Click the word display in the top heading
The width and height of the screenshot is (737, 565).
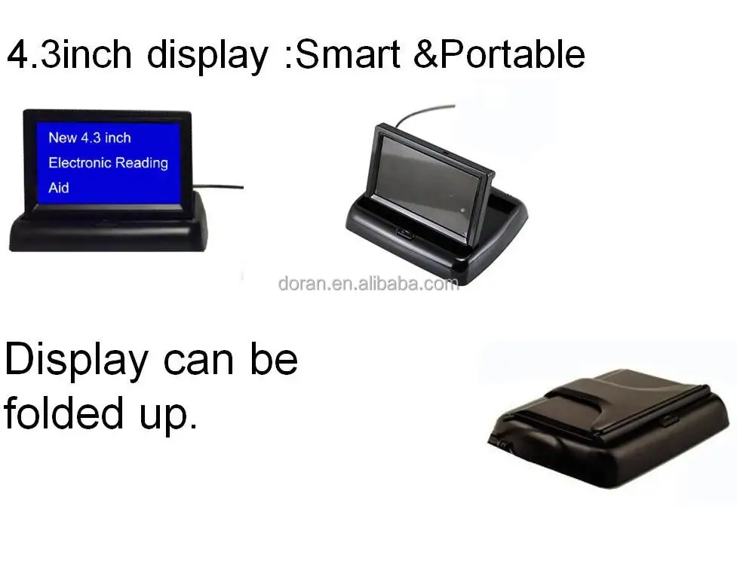[x=207, y=56]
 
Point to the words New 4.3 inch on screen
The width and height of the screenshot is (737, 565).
[x=89, y=137]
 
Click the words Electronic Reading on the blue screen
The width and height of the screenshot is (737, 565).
[x=108, y=163]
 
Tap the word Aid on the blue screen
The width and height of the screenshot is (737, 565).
[x=59, y=188]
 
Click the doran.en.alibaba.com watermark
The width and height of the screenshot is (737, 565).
[x=368, y=284]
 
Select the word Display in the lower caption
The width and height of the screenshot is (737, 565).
[x=75, y=361]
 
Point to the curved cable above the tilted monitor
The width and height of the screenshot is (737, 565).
[x=422, y=111]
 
